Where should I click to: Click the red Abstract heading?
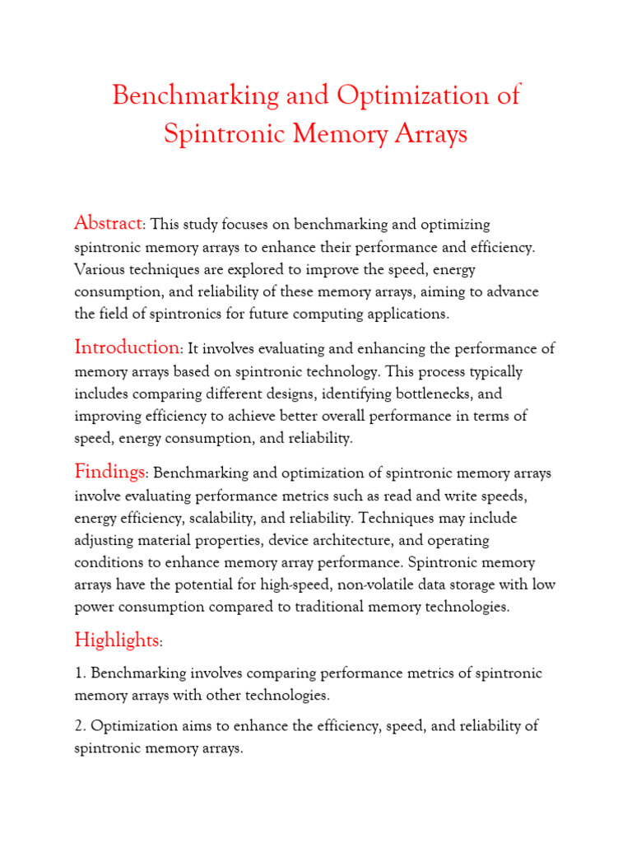(109, 223)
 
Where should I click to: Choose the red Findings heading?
(109, 472)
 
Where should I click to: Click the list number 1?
(79, 673)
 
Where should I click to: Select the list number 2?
(79, 727)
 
